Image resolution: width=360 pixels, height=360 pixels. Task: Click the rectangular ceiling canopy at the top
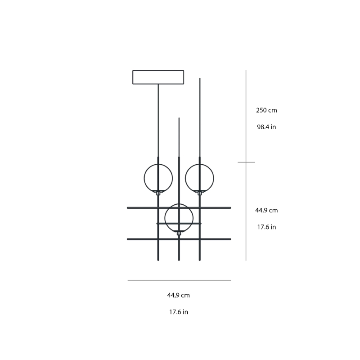click(x=158, y=77)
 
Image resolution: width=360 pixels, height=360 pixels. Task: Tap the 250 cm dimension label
click(x=266, y=110)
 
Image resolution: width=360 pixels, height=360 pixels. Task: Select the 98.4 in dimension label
click(x=266, y=127)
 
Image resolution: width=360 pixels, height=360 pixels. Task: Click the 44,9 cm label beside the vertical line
click(x=266, y=210)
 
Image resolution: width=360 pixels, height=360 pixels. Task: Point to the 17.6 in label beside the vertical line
click(x=266, y=227)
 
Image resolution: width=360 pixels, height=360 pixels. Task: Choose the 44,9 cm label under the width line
click(x=179, y=295)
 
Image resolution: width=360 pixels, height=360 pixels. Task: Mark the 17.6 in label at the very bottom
click(x=179, y=312)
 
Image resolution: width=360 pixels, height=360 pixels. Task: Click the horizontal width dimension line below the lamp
click(x=179, y=280)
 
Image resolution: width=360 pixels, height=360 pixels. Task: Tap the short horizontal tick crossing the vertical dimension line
click(x=246, y=162)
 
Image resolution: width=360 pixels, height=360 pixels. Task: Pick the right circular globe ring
click(x=214, y=178)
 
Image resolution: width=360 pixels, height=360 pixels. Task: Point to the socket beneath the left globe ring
click(x=158, y=193)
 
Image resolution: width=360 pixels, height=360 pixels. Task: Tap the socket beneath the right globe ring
click(x=200, y=193)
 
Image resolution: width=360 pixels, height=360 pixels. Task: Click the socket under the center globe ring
click(x=179, y=233)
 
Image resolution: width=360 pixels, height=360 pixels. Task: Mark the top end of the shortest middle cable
click(x=179, y=119)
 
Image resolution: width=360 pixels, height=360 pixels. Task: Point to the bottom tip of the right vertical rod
click(x=200, y=259)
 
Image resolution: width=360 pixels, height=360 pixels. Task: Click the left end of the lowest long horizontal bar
click(x=129, y=239)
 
